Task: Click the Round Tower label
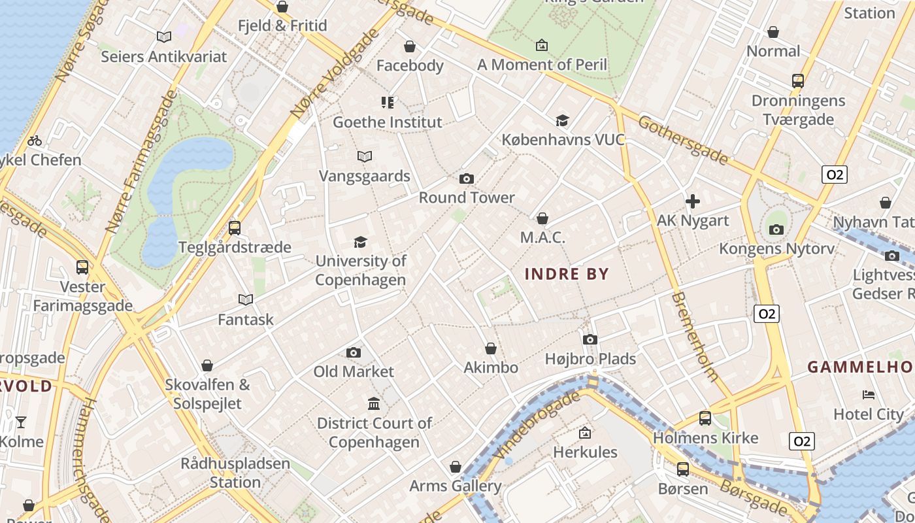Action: pos(467,197)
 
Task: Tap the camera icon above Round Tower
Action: pos(467,178)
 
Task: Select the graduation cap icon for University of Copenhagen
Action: pos(360,243)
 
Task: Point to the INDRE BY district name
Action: pos(567,274)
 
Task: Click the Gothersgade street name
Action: pos(682,140)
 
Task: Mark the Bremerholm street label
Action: pos(695,336)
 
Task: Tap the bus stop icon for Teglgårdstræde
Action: pos(235,228)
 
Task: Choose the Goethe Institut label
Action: pos(388,122)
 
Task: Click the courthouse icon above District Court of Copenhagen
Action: pos(374,404)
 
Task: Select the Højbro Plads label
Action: pos(590,359)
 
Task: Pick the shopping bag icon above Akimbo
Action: pos(491,348)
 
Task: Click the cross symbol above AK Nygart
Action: pos(693,201)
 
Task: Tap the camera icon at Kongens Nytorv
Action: pos(776,229)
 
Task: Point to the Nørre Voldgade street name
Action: pos(333,75)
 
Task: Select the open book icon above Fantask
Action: pos(246,299)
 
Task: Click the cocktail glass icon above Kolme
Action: pos(21,422)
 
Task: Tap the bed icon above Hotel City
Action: pos(869,395)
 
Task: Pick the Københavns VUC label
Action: pos(563,140)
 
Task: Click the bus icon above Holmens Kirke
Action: pos(705,418)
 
